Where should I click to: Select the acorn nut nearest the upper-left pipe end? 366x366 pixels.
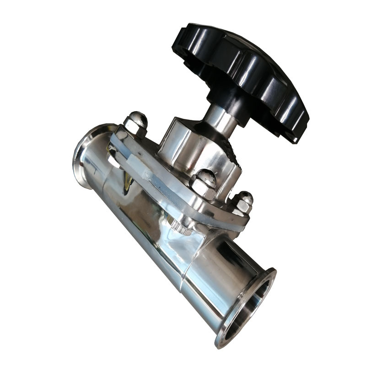tap(136, 124)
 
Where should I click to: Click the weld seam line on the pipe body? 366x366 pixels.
tap(183, 274)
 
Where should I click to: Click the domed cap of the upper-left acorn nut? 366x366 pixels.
tap(138, 118)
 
